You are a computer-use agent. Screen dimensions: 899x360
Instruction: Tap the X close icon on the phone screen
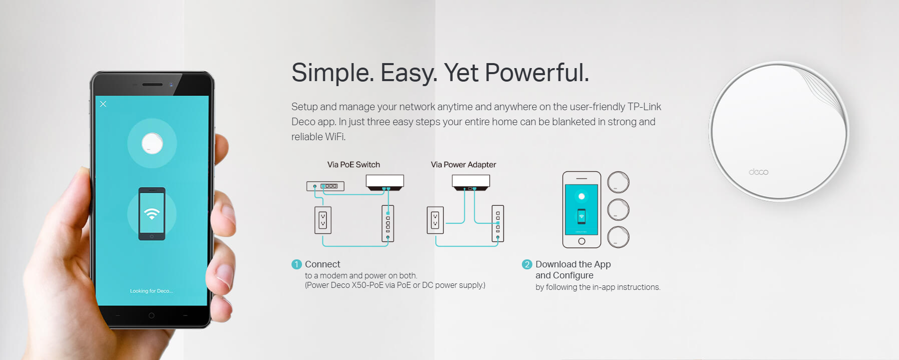coord(103,104)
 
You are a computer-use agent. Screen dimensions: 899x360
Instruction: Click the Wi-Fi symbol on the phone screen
coord(152,214)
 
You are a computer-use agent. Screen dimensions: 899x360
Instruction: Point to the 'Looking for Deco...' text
coord(151,291)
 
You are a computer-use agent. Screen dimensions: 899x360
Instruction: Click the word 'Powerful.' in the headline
coord(537,73)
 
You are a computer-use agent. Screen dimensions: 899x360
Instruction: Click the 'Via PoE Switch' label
coord(354,165)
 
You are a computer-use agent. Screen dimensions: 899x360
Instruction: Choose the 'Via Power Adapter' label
coord(463,165)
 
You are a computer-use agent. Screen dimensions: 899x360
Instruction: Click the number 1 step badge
coord(296,264)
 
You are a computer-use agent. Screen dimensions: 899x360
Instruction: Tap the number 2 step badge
coord(527,264)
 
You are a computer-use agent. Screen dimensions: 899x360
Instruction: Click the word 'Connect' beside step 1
coord(323,264)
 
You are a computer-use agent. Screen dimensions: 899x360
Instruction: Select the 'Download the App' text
coord(573,264)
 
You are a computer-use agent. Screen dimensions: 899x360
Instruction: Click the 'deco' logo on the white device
coord(758,172)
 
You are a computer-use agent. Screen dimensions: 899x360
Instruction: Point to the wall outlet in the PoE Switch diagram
coord(323,220)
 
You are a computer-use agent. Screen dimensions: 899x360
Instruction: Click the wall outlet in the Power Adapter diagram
coord(435,220)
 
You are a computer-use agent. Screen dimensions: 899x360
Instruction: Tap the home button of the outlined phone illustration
coord(581,241)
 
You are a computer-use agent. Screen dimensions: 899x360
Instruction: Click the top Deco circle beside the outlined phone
coord(619,182)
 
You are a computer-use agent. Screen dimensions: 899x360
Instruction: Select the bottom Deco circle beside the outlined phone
coord(619,237)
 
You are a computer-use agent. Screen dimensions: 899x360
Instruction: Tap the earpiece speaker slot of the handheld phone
coord(152,85)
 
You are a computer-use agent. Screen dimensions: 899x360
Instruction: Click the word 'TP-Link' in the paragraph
coord(644,107)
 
